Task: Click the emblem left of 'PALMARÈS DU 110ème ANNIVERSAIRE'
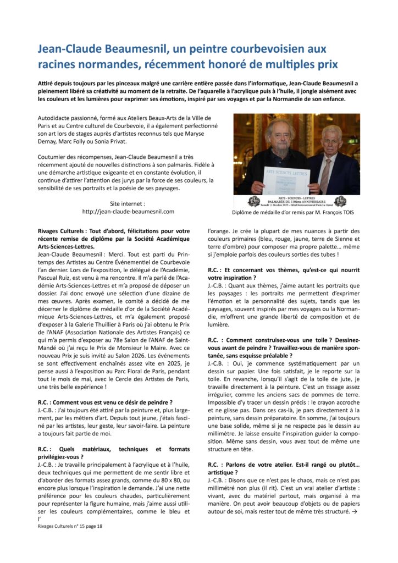[254, 201]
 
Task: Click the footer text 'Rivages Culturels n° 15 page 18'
[70, 526]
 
